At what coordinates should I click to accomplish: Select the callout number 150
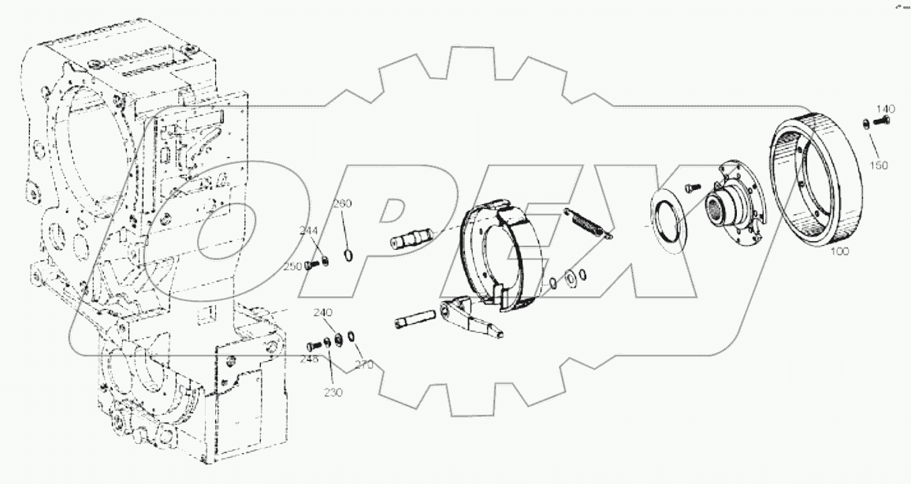(879, 166)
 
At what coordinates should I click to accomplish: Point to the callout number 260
(343, 204)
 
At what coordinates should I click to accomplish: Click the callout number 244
(308, 230)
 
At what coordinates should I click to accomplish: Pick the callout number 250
(292, 266)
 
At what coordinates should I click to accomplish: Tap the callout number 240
(322, 312)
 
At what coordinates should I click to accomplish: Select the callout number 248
(309, 359)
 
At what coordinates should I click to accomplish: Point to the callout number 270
(363, 365)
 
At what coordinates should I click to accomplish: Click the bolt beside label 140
(880, 121)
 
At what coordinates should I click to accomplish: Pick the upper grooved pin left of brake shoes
(411, 237)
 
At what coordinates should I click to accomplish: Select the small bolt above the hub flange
(690, 185)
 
